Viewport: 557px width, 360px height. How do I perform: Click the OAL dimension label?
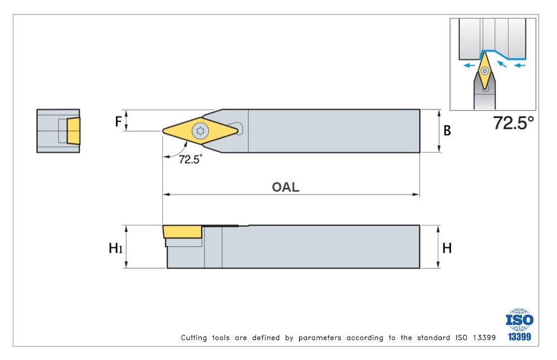click(285, 187)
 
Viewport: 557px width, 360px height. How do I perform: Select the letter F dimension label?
click(118, 121)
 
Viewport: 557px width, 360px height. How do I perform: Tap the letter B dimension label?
click(447, 131)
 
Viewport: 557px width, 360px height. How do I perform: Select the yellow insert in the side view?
click(182, 232)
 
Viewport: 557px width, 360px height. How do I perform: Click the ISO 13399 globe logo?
click(519, 320)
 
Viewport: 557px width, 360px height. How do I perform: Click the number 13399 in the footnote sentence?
click(483, 338)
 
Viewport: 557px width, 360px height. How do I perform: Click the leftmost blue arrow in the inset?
click(468, 65)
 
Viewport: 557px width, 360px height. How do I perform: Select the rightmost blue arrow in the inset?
click(520, 65)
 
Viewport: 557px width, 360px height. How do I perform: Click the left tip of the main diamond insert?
click(164, 131)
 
